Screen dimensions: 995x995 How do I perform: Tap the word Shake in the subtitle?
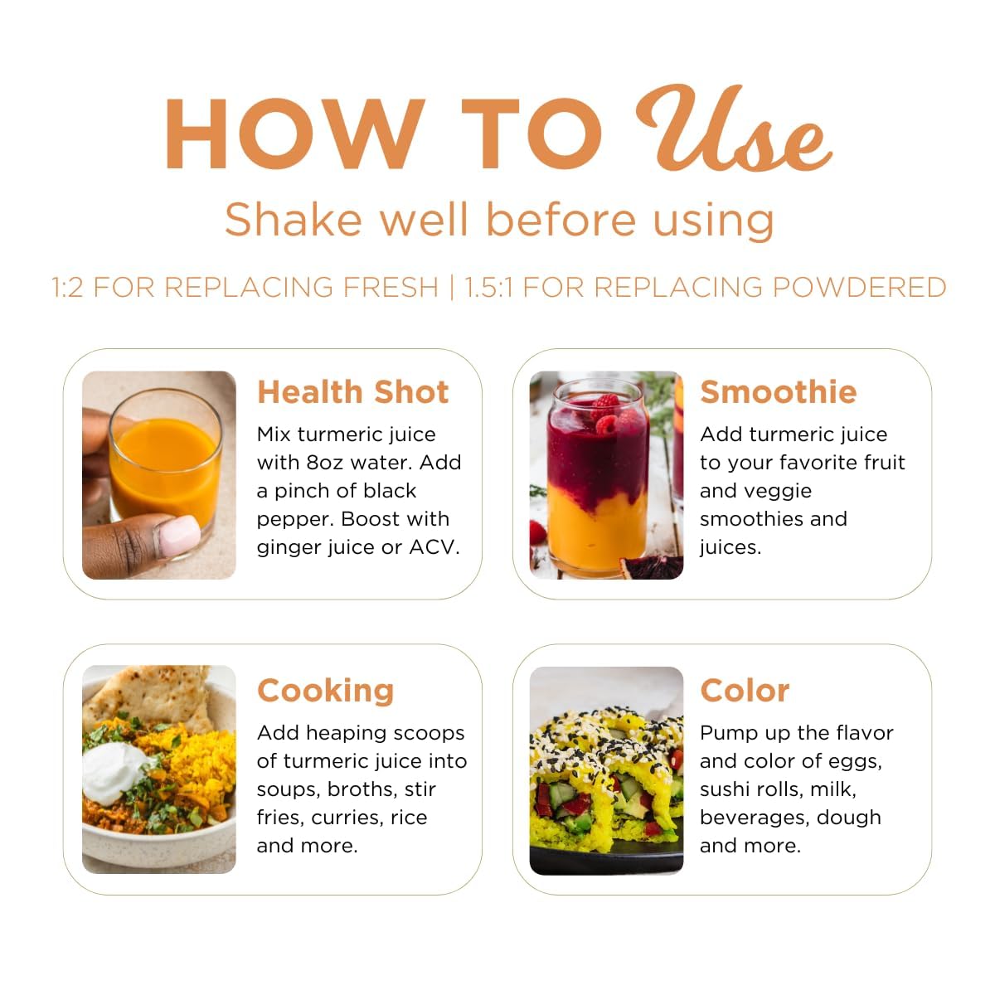pos(294,220)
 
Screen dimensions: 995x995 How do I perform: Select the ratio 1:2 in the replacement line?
pos(67,287)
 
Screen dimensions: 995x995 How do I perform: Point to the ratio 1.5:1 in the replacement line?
pos(488,287)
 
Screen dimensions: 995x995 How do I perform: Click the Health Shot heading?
pos(353,392)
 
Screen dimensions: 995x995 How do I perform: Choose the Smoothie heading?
pos(779,392)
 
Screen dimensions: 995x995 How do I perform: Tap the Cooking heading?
pos(326,691)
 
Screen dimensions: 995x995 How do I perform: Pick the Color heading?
pos(745,691)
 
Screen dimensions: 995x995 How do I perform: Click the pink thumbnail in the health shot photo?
pos(177,536)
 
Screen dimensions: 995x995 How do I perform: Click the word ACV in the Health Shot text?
pos(434,547)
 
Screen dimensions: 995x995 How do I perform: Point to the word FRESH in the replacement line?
pos(391,287)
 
